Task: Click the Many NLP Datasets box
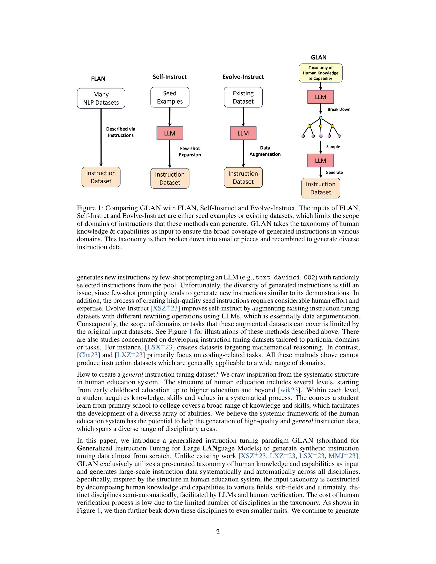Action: (x=101, y=98)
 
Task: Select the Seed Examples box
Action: (x=170, y=97)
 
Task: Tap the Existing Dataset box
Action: (x=243, y=97)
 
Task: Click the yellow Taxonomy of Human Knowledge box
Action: (x=320, y=73)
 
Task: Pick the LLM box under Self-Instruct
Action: (x=170, y=133)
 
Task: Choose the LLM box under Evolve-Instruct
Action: (x=243, y=133)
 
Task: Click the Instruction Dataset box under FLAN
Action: (x=101, y=177)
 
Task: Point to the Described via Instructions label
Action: (x=121, y=132)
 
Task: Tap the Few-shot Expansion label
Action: (x=190, y=152)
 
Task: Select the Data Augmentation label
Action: (x=265, y=151)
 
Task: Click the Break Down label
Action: (x=339, y=109)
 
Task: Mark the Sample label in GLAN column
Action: (x=333, y=147)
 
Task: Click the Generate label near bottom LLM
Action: (x=334, y=173)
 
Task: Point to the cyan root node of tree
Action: (x=321, y=118)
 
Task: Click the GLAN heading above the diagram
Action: (x=319, y=57)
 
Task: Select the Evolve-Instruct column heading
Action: (x=243, y=77)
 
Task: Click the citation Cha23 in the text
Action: (x=88, y=355)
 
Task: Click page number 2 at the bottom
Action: (x=218, y=532)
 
